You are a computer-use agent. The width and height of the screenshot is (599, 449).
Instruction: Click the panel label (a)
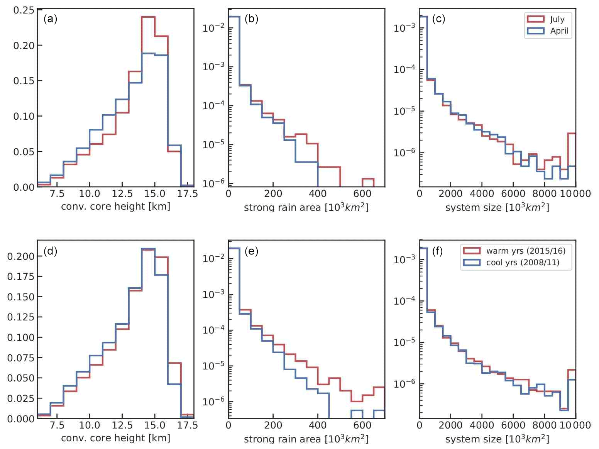click(50, 19)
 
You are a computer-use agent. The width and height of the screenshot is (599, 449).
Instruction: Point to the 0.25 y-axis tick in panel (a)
click(24, 10)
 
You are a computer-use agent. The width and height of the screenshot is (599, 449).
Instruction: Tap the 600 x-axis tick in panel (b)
click(362, 193)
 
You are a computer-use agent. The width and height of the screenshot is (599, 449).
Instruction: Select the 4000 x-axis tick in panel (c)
click(482, 193)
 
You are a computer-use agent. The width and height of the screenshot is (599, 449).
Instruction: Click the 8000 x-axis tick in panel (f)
click(544, 425)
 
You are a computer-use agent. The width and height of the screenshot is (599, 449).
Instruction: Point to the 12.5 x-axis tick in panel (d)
click(122, 425)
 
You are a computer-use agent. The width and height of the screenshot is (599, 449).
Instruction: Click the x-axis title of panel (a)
click(115, 207)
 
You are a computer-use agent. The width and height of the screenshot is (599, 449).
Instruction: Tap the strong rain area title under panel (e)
click(306, 439)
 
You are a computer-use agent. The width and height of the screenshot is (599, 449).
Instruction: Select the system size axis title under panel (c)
click(497, 207)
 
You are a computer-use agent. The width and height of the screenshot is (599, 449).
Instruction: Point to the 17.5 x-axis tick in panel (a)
click(187, 193)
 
